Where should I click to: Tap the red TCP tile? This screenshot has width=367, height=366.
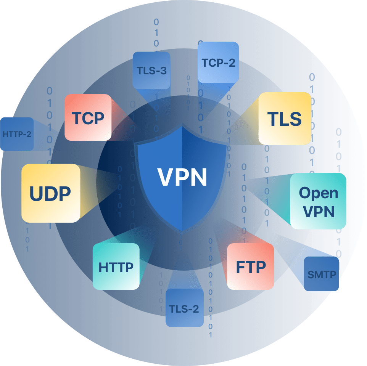tap(88, 118)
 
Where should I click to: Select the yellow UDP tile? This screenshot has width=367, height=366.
tap(51, 193)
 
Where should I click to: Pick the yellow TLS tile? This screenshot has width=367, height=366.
tap(285, 119)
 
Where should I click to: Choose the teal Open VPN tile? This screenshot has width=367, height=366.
tap(318, 201)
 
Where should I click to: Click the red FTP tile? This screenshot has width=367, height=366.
tap(251, 266)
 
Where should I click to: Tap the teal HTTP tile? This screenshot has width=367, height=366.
tap(116, 267)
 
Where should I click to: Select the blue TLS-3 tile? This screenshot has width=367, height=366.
tap(151, 71)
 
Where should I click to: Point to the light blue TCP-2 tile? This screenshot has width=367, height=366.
tap(218, 63)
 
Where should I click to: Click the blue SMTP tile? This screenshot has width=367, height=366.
tap(322, 274)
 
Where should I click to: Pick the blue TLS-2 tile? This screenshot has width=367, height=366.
tap(185, 308)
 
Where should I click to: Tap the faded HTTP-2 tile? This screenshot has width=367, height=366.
tap(17, 134)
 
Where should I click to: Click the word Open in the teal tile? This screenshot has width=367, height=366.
tap(319, 193)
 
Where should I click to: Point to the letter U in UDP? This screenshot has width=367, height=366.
tap(36, 194)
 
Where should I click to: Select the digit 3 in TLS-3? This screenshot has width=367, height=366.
tap(163, 71)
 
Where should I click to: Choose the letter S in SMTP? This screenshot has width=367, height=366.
tap(310, 274)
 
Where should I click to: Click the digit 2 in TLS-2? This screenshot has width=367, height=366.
tap(195, 308)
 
